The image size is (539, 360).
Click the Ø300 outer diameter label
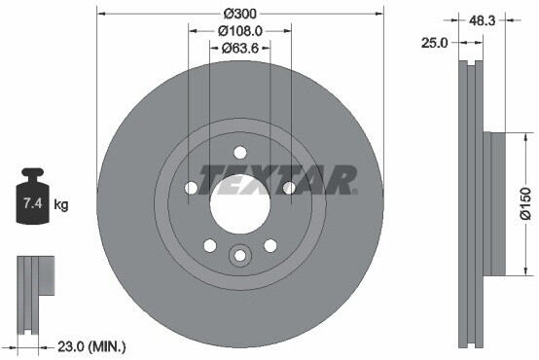pyautogui.click(x=240, y=14)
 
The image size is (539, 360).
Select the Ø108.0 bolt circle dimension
pyautogui.click(x=240, y=31)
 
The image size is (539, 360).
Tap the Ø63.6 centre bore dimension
pyautogui.click(x=240, y=48)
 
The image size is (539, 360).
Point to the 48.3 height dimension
pyautogui.click(x=482, y=21)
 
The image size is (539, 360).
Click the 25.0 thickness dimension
pyautogui.click(x=435, y=43)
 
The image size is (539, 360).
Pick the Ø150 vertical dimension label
pyautogui.click(x=526, y=203)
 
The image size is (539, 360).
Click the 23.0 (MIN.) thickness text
pyautogui.click(x=91, y=347)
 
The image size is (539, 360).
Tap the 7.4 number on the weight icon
pyautogui.click(x=32, y=203)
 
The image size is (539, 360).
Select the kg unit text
pyautogui.click(x=61, y=205)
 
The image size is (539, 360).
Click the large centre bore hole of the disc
pyautogui.click(x=240, y=204)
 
